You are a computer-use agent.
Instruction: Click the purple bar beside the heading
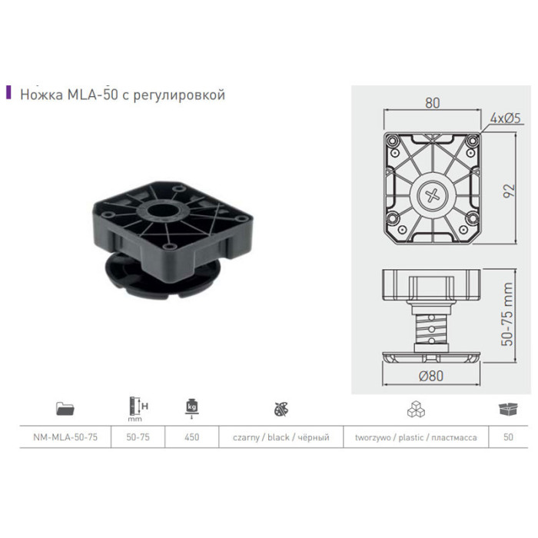[8, 92]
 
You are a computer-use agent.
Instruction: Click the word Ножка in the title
[42, 95]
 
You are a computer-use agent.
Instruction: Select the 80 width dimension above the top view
[432, 103]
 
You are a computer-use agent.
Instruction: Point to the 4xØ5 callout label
[506, 118]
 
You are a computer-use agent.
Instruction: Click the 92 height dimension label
[510, 191]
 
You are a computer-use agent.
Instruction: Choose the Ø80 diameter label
[431, 376]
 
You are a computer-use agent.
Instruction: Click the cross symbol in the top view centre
[432, 195]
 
